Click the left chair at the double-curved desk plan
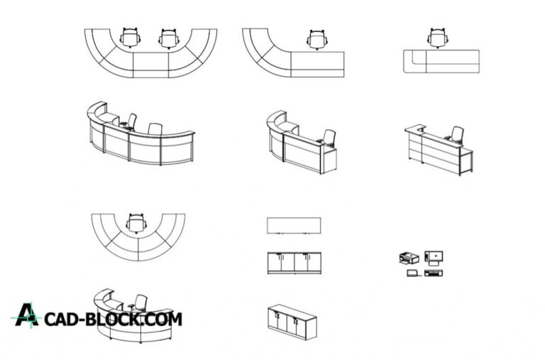130,38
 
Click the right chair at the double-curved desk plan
169,38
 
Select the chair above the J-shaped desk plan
317,40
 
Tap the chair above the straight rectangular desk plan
438,38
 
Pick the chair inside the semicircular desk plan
136,223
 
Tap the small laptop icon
413,273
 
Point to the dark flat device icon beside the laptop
434,273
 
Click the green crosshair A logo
26,315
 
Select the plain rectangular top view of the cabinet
294,226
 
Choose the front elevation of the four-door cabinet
294,263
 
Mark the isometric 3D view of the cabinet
292,322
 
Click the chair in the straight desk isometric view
456,135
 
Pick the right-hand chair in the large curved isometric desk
155,129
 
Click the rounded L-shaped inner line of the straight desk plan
419,57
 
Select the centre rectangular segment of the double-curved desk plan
151,65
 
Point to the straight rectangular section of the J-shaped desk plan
317,65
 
